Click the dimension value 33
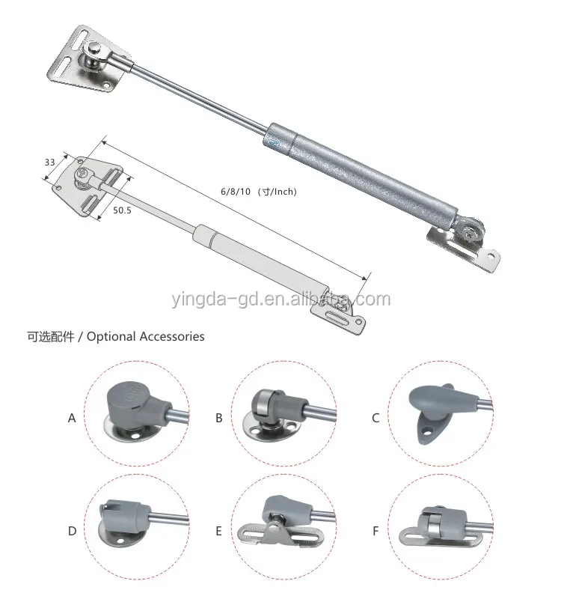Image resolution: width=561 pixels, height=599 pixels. (x=50, y=162)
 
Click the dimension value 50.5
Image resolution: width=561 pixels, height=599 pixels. (x=123, y=211)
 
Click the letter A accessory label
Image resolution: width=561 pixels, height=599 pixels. (x=72, y=418)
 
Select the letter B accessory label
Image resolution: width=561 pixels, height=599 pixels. (x=219, y=418)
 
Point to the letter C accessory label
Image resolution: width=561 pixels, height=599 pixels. (x=375, y=418)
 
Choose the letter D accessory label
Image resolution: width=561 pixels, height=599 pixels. (x=72, y=532)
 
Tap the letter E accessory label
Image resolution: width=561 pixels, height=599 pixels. (x=218, y=532)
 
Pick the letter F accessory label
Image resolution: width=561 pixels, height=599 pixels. (x=375, y=532)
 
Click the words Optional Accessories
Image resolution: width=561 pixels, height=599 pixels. (x=145, y=337)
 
